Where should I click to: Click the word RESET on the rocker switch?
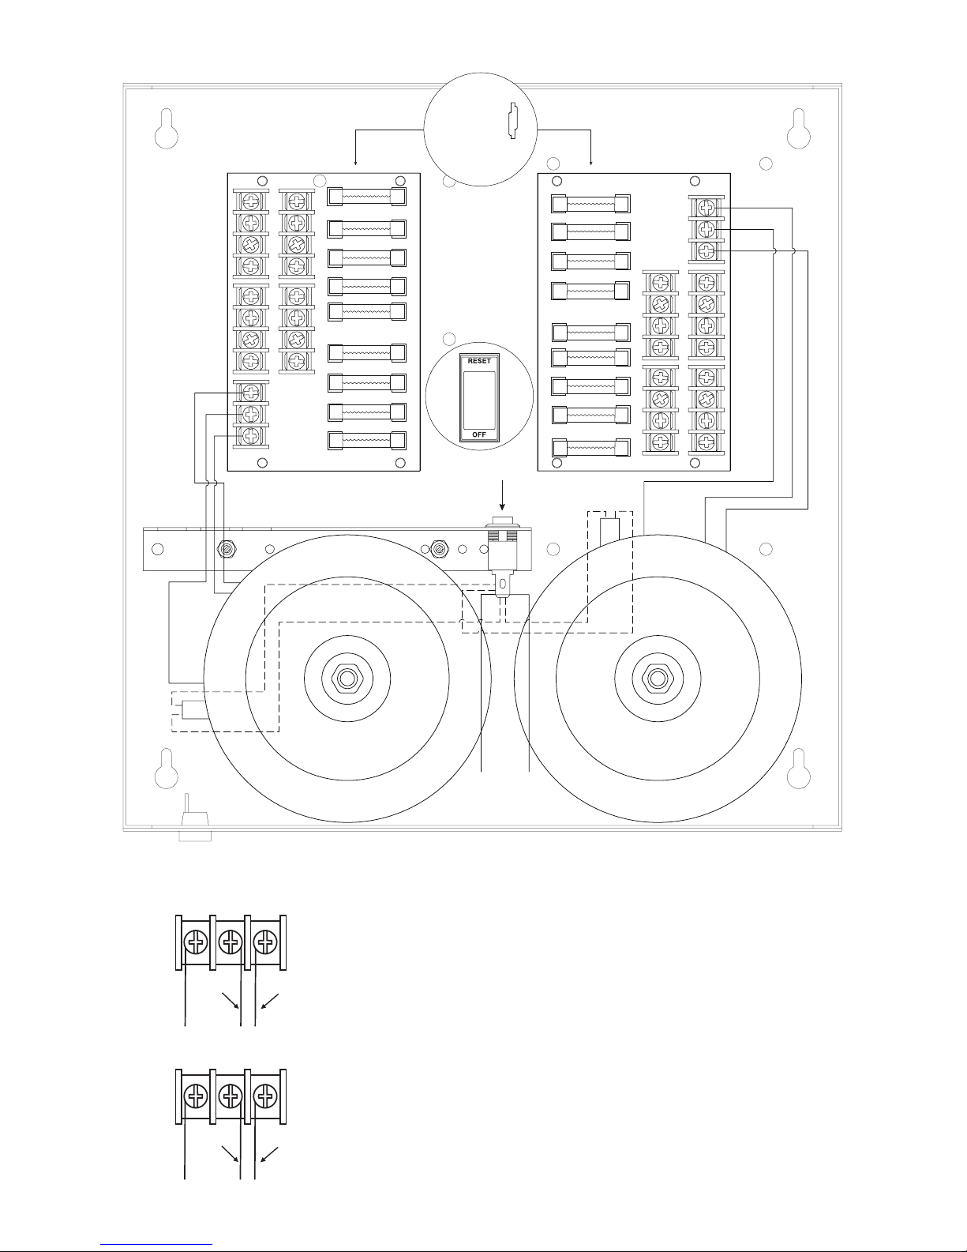pyautogui.click(x=479, y=361)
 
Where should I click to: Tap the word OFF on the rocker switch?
pyautogui.click(x=479, y=434)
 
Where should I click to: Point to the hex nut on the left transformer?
pyautogui.click(x=347, y=679)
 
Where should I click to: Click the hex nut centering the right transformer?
pyautogui.click(x=658, y=679)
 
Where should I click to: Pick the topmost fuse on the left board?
pyautogui.click(x=366, y=197)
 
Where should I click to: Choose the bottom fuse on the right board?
pyautogui.click(x=590, y=448)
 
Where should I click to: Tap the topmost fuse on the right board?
pyautogui.click(x=590, y=203)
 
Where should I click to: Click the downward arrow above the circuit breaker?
pyautogui.click(x=503, y=495)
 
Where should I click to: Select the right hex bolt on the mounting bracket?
pyautogui.click(x=439, y=549)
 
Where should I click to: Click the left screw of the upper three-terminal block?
pyautogui.click(x=196, y=943)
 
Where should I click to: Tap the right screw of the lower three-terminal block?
pyautogui.click(x=265, y=1096)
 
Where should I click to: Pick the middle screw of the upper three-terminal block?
pyautogui.click(x=231, y=943)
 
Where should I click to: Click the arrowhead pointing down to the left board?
pyautogui.click(x=355, y=164)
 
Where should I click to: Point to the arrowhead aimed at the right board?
pyautogui.click(x=591, y=164)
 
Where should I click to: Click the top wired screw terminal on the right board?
pyautogui.click(x=707, y=208)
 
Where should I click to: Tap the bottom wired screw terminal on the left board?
pyautogui.click(x=250, y=435)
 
